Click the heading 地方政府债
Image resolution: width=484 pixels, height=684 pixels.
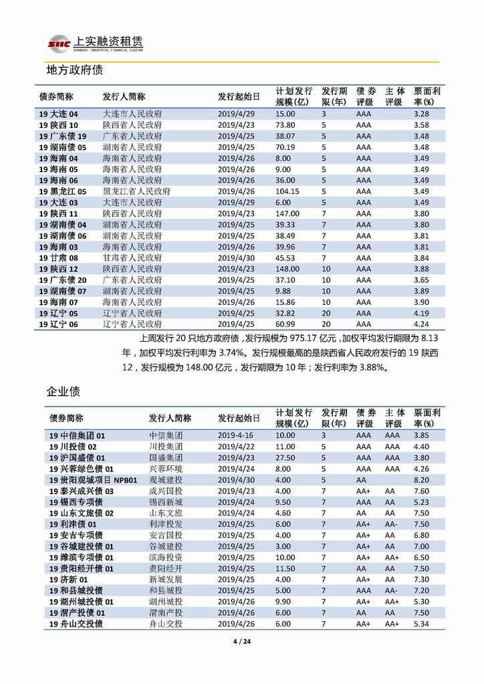coord(74,70)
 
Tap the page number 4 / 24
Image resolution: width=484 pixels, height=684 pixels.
coord(241,643)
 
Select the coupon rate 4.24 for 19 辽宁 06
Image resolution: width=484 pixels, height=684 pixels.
coord(421,324)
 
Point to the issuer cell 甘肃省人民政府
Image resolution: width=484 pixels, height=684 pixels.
coord(132,257)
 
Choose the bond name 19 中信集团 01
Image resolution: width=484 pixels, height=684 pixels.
coord(78,435)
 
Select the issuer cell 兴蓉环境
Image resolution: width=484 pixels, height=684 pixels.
coord(165,469)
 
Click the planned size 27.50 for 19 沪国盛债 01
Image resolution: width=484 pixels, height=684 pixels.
coord(285,458)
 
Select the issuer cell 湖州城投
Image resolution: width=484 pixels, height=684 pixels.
coord(165,601)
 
